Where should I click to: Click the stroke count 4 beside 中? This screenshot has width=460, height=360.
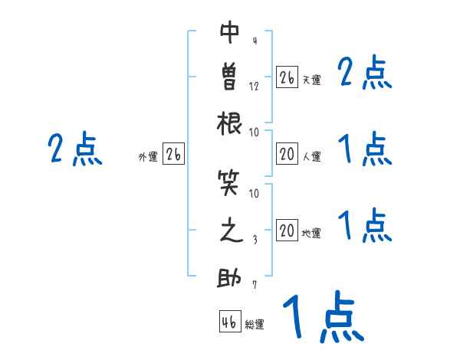[x=254, y=41]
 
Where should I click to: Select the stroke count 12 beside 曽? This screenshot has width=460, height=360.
[x=255, y=86]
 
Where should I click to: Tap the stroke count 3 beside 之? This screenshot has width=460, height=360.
[x=255, y=240]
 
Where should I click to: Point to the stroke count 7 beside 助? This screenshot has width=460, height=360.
[x=255, y=286]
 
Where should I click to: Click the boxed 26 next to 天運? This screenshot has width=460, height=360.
[x=287, y=77]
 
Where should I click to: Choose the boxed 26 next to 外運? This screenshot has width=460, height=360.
[x=173, y=155]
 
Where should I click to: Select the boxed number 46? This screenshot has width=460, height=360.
[x=228, y=322]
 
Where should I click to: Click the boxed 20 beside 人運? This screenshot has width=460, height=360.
[x=287, y=155]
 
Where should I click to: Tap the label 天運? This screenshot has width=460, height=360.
[x=311, y=80]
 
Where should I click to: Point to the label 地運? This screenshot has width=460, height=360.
[x=311, y=234]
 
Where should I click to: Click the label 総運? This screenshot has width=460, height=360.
[x=255, y=325]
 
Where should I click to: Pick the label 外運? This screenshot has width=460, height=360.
[x=148, y=157]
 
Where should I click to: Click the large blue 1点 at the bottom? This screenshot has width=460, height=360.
[x=322, y=317]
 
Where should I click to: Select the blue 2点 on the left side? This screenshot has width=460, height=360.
[x=75, y=149]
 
